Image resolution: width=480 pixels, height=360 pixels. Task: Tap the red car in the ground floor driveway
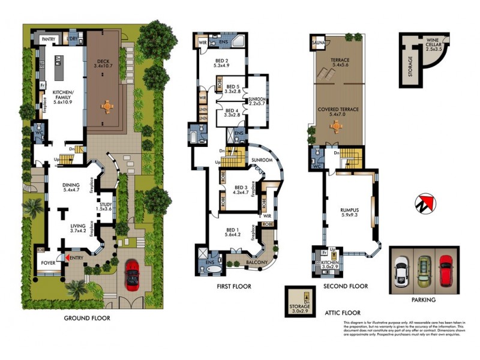coord(133,277)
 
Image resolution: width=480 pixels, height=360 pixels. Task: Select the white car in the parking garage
coord(401,269)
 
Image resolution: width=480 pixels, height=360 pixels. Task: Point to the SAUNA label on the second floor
coord(317,43)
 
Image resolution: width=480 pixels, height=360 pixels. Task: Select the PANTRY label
coord(48,39)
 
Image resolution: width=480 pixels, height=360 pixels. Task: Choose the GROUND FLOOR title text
coord(87,318)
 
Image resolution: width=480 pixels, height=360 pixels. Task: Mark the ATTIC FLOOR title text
coord(343,313)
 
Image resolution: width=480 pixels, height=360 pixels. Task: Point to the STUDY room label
coord(105,206)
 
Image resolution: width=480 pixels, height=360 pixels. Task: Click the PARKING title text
coord(423,299)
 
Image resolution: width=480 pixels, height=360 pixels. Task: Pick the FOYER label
coord(48,263)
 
